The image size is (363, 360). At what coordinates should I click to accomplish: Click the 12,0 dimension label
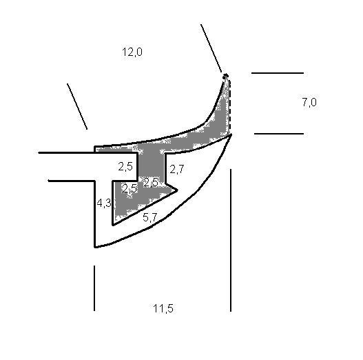pos(132,52)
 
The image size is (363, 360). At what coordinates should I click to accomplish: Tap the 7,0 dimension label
pos(309,102)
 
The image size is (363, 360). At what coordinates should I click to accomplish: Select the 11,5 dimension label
pos(163,308)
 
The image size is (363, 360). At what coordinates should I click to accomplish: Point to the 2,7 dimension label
pos(177,169)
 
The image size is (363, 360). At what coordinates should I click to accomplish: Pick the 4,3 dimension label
pos(104,203)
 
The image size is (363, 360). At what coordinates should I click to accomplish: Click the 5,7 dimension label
pos(150,217)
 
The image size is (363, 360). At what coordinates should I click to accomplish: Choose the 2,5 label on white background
pos(125,166)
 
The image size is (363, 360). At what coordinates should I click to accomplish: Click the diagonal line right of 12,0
pos(211,48)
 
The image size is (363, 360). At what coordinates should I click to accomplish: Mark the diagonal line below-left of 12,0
pos(77,106)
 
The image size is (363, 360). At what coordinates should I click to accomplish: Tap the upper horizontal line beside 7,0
pos(278,73)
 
